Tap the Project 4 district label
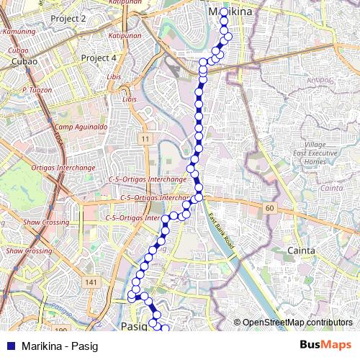99,58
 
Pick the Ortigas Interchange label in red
63,167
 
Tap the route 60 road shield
270,208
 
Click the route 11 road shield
145,138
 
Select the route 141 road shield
90,283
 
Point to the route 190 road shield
60,330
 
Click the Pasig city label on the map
134,325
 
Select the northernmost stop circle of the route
224,12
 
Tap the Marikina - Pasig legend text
60,345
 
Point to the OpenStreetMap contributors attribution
297,323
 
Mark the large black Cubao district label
24,62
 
